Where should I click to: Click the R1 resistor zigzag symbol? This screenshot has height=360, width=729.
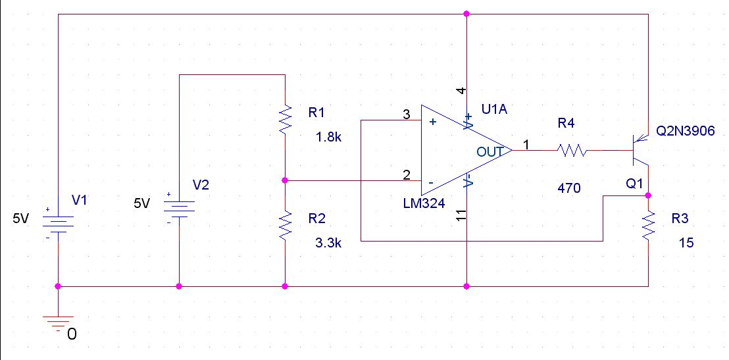point(286,120)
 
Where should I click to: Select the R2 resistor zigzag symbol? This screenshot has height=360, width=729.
point(286,226)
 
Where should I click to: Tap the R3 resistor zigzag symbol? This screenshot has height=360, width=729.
point(649,225)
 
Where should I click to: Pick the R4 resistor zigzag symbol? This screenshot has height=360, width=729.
point(572,151)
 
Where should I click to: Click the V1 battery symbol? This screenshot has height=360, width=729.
point(58,223)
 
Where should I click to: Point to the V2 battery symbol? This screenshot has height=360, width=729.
point(179,207)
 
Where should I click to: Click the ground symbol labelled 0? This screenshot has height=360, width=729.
point(58,323)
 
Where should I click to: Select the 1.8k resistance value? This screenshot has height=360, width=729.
point(328,138)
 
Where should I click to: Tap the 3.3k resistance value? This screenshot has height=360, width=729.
point(328,243)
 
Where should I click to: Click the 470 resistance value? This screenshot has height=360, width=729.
point(568,188)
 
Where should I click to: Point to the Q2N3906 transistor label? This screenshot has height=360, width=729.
point(685,132)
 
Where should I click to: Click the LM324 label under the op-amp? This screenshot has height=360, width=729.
point(424,203)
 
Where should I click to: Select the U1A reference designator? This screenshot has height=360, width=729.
point(495,111)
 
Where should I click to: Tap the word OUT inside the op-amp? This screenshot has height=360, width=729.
point(490,151)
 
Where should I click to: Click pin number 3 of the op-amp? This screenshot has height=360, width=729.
point(406,115)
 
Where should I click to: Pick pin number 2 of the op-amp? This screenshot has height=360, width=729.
point(407,175)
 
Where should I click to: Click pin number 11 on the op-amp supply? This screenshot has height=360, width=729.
point(461,215)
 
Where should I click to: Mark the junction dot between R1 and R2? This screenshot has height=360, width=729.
point(286,180)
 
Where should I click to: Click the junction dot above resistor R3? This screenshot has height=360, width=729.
point(649,195)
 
